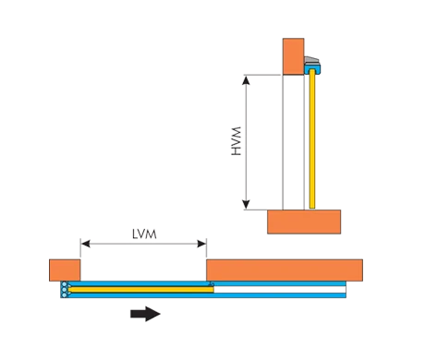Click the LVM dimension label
click(144, 234)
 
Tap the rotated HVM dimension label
click(237, 141)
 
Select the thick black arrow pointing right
click(145, 314)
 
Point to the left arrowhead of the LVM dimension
click(85, 244)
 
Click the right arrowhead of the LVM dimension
click(201, 244)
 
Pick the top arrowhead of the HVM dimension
click(246, 80)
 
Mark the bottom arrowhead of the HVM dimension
click(246, 205)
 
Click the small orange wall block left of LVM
click(65, 270)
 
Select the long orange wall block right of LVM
click(285, 270)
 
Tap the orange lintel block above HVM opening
click(293, 56)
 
